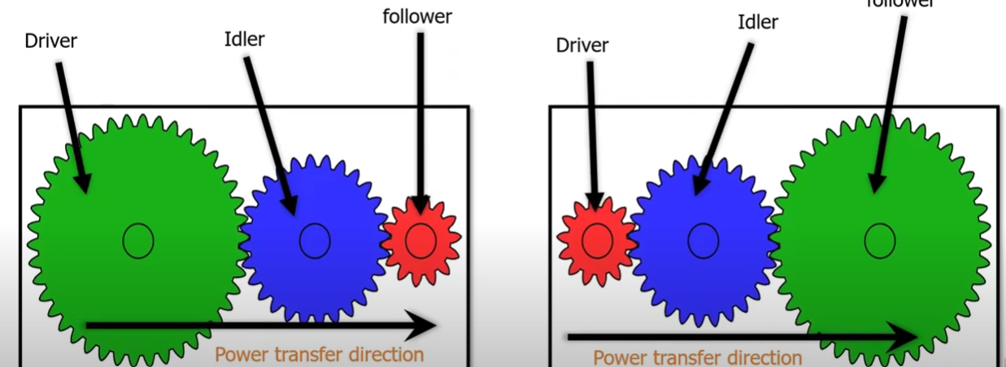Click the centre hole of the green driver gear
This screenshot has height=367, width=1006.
[x=138, y=240]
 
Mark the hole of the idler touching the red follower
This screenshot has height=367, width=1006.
[x=315, y=240]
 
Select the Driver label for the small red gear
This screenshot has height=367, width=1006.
[x=581, y=45]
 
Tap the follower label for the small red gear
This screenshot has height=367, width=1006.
[x=417, y=15]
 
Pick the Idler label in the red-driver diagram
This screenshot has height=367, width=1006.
[x=758, y=22]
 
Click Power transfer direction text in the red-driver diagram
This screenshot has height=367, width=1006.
[x=697, y=357]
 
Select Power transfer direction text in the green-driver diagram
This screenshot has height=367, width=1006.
[x=320, y=355]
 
